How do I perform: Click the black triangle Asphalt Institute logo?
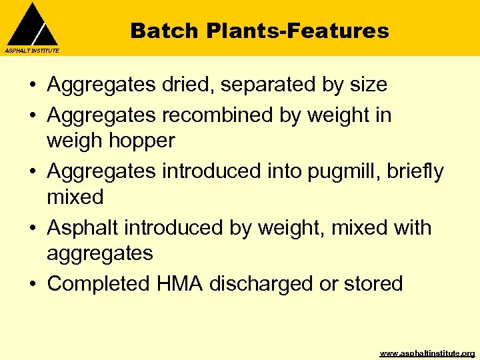point(31,25)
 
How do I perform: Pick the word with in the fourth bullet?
point(410,227)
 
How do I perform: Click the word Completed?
point(99,283)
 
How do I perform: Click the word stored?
point(373,283)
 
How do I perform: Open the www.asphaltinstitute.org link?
point(427,353)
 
